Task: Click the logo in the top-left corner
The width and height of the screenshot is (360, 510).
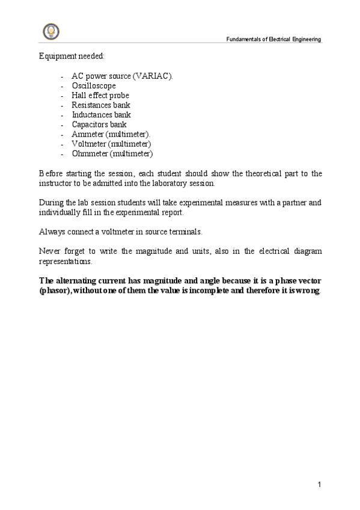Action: point(50,31)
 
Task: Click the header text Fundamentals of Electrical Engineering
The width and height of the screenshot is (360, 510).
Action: point(273,39)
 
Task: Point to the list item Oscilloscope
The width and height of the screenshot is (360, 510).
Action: point(94,86)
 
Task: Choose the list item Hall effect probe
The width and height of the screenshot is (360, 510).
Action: point(100,96)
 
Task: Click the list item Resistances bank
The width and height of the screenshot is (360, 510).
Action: point(101,105)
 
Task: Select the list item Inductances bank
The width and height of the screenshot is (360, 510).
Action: point(101,115)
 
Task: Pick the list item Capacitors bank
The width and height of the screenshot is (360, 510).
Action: point(99,124)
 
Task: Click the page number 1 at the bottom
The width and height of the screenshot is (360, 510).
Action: point(319,485)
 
